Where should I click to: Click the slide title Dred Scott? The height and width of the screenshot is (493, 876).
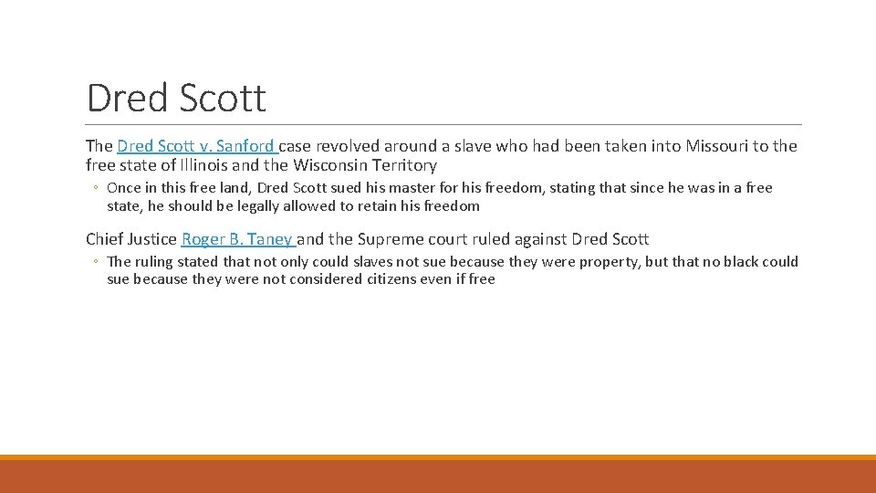pos(176,98)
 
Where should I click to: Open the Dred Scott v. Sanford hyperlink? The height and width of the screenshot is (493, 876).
pos(196,146)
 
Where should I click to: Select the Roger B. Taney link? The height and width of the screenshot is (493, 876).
pos(237,239)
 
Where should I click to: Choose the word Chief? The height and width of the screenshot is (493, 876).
pos(105,239)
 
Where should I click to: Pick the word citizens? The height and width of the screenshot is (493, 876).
pos(348,279)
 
